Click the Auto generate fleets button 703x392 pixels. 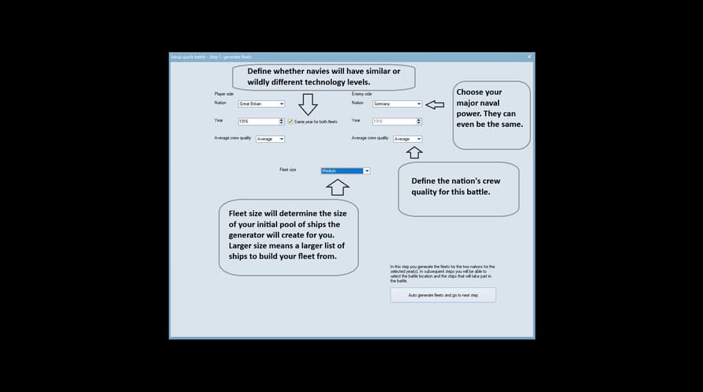click(443, 295)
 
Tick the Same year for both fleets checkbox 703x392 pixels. click(290, 121)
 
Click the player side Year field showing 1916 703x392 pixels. click(258, 121)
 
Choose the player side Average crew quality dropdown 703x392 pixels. click(270, 139)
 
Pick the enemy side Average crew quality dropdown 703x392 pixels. click(407, 139)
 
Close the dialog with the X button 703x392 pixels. click(529, 57)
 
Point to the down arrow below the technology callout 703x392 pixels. click(308, 104)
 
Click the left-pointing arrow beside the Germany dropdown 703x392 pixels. click(435, 103)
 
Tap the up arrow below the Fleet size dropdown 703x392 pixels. click(337, 187)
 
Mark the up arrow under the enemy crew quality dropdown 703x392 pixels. click(415, 152)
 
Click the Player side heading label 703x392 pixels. click(225, 93)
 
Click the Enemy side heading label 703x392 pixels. click(362, 93)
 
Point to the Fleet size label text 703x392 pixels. click(288, 170)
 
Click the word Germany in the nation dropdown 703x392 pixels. click(383, 103)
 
